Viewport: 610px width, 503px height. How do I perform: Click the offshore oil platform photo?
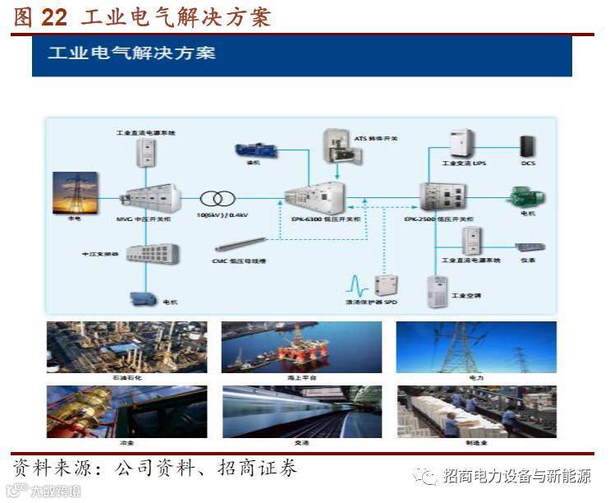point(301,345)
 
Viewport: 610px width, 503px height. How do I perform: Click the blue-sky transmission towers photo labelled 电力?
point(475,345)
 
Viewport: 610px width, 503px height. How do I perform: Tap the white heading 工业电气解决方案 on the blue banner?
point(132,53)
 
